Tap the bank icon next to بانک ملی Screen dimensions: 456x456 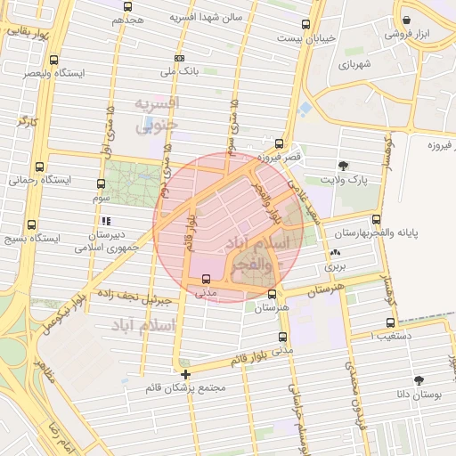tap(180, 56)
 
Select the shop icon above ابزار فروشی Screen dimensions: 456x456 tap(406, 20)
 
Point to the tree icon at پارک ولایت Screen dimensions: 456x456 tap(344, 166)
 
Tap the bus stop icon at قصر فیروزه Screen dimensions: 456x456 tap(280, 143)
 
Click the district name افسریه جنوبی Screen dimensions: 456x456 tap(158, 115)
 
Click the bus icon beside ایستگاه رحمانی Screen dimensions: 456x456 tap(39, 167)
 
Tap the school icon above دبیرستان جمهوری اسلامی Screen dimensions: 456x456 tap(106, 221)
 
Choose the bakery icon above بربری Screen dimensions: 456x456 tap(334, 253)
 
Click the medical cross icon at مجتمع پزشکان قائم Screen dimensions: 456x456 tap(185, 374)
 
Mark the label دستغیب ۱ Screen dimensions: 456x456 tap(390, 336)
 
